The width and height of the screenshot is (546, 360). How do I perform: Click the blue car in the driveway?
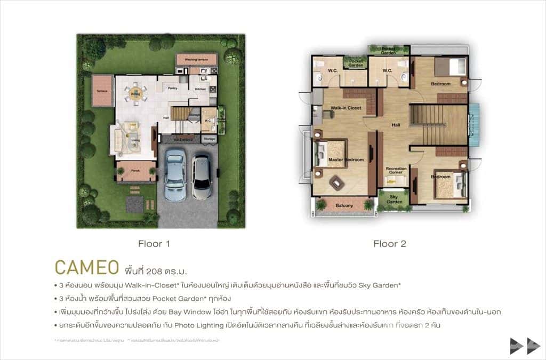click(175, 173)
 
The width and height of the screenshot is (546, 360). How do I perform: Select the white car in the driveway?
click(202, 177)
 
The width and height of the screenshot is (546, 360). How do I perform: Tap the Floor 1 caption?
click(154, 244)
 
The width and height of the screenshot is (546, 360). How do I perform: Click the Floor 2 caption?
click(390, 244)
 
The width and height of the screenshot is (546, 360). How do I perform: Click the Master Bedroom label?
click(346, 159)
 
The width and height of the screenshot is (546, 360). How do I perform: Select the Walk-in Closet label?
click(346, 108)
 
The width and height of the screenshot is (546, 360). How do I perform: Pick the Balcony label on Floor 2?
click(344, 205)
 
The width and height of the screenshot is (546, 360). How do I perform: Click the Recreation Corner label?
click(396, 171)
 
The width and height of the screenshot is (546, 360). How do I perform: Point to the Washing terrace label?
click(196, 60)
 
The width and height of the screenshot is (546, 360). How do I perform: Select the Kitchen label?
click(200, 89)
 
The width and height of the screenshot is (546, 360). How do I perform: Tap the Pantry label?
click(172, 87)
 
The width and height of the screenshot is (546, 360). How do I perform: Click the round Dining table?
click(135, 95)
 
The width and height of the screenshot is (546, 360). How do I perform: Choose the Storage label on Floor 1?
click(210, 139)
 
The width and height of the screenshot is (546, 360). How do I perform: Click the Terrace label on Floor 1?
click(102, 91)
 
